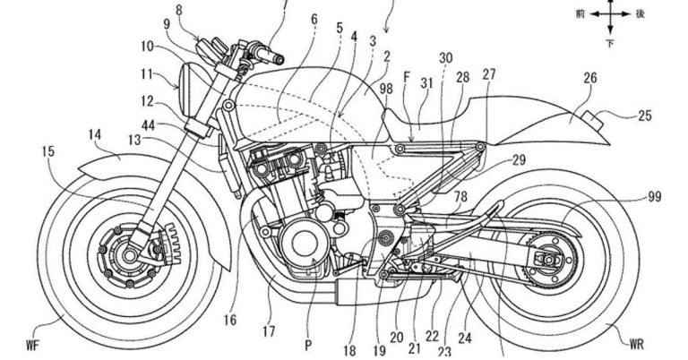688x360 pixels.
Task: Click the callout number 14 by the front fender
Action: pos(95,133)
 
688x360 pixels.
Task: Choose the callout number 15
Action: pos(46,151)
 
